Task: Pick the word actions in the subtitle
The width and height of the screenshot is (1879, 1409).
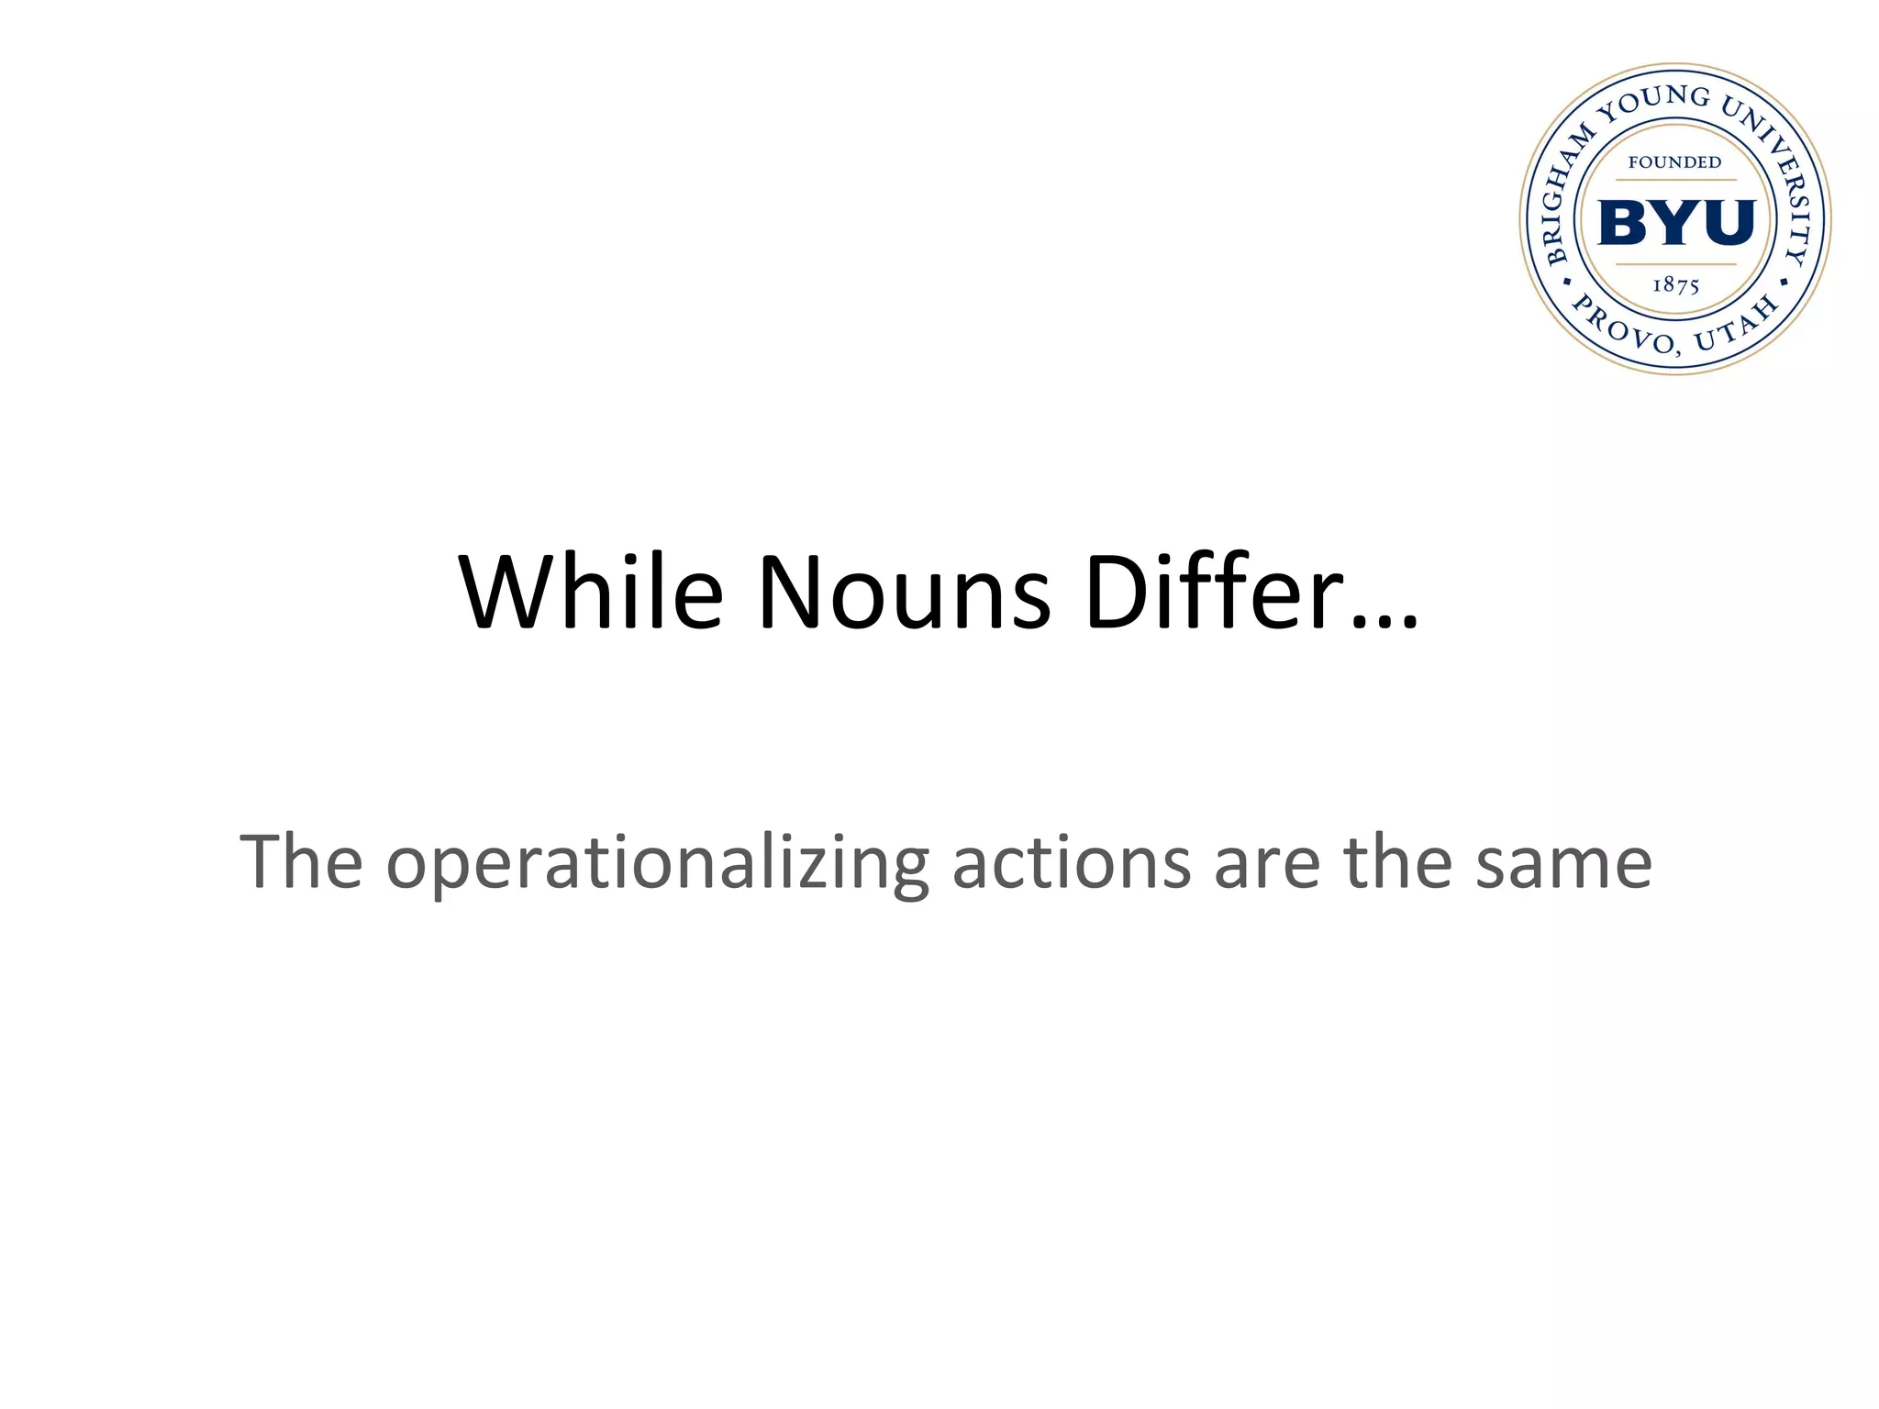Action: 1072,862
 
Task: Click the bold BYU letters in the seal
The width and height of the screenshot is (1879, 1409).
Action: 1675,222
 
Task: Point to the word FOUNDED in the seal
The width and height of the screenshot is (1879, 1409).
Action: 1674,162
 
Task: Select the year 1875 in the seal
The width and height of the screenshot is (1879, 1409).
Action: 1675,285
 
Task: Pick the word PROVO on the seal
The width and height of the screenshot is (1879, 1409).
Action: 1624,327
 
